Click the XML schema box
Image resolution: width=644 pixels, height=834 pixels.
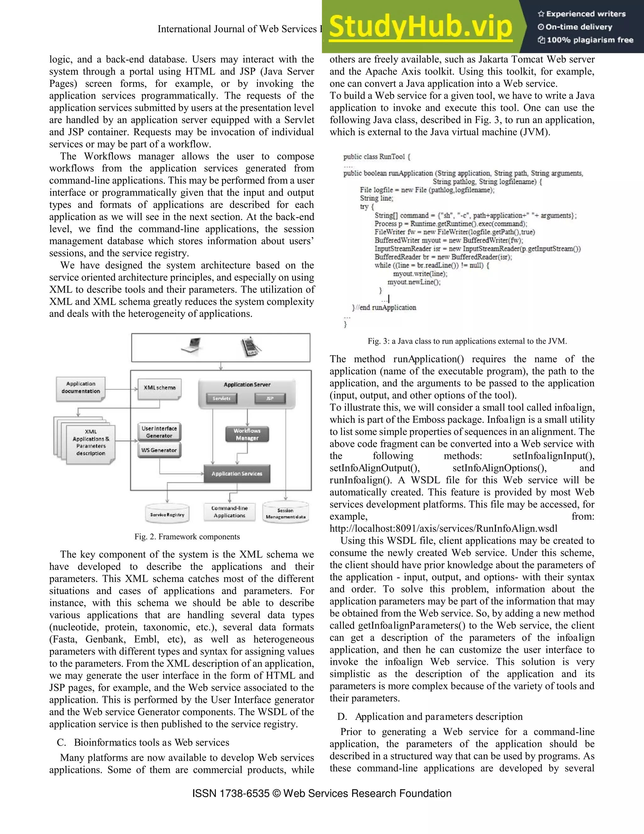coord(159,388)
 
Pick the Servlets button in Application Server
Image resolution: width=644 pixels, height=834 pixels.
coord(221,399)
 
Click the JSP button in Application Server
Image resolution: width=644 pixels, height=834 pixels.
coord(270,399)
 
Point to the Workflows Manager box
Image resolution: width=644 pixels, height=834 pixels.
coord(247,435)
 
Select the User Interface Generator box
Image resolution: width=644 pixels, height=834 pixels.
coord(159,432)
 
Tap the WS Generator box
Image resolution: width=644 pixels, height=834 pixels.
coord(159,450)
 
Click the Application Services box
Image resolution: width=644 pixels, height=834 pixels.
coord(237,474)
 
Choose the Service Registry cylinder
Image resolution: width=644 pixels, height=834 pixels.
coord(167,514)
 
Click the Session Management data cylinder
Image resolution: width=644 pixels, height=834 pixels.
coord(286,513)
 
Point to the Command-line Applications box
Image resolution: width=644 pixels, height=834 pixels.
coord(229,512)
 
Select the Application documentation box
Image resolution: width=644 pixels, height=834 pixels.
coord(80,388)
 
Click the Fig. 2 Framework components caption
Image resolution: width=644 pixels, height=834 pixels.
coord(187,537)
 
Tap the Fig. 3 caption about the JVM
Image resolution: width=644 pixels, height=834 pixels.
coord(467,341)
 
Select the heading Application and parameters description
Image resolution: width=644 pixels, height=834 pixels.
coord(438,717)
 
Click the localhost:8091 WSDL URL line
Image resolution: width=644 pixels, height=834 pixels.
coord(443,528)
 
